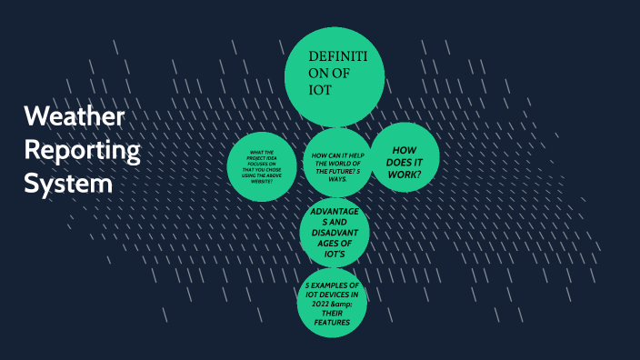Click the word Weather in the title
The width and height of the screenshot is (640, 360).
pos(75,117)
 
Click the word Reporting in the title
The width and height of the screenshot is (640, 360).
pos(82,150)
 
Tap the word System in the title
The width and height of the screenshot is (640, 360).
pos(68,183)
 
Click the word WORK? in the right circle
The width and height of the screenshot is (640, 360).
pos(405,174)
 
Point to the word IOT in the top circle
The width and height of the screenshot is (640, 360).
pos(319,91)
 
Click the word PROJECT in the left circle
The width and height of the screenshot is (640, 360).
pos(252,158)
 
